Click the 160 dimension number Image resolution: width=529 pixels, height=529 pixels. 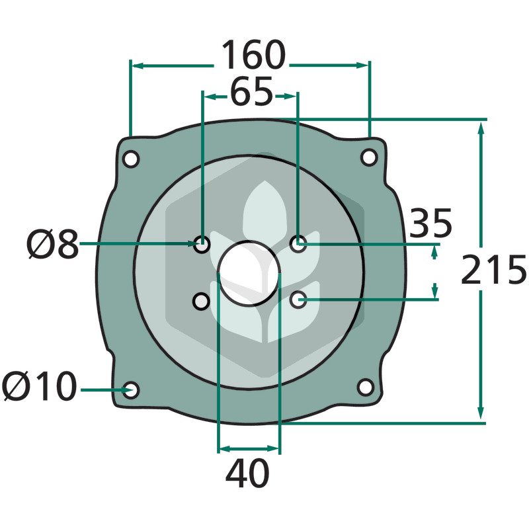click(253, 55)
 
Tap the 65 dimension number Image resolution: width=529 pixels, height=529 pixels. click(252, 91)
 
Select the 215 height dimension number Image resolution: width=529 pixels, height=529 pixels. click(493, 270)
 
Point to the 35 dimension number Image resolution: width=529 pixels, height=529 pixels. click(430, 223)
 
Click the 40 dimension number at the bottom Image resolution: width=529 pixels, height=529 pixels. click(247, 473)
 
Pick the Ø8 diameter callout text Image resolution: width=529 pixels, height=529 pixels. click(53, 244)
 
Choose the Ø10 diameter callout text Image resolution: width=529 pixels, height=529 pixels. click(40, 386)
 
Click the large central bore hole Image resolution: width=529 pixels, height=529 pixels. click(249, 274)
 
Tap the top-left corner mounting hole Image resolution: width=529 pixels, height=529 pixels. click(130, 159)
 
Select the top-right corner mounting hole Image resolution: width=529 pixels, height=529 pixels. click(369, 157)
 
